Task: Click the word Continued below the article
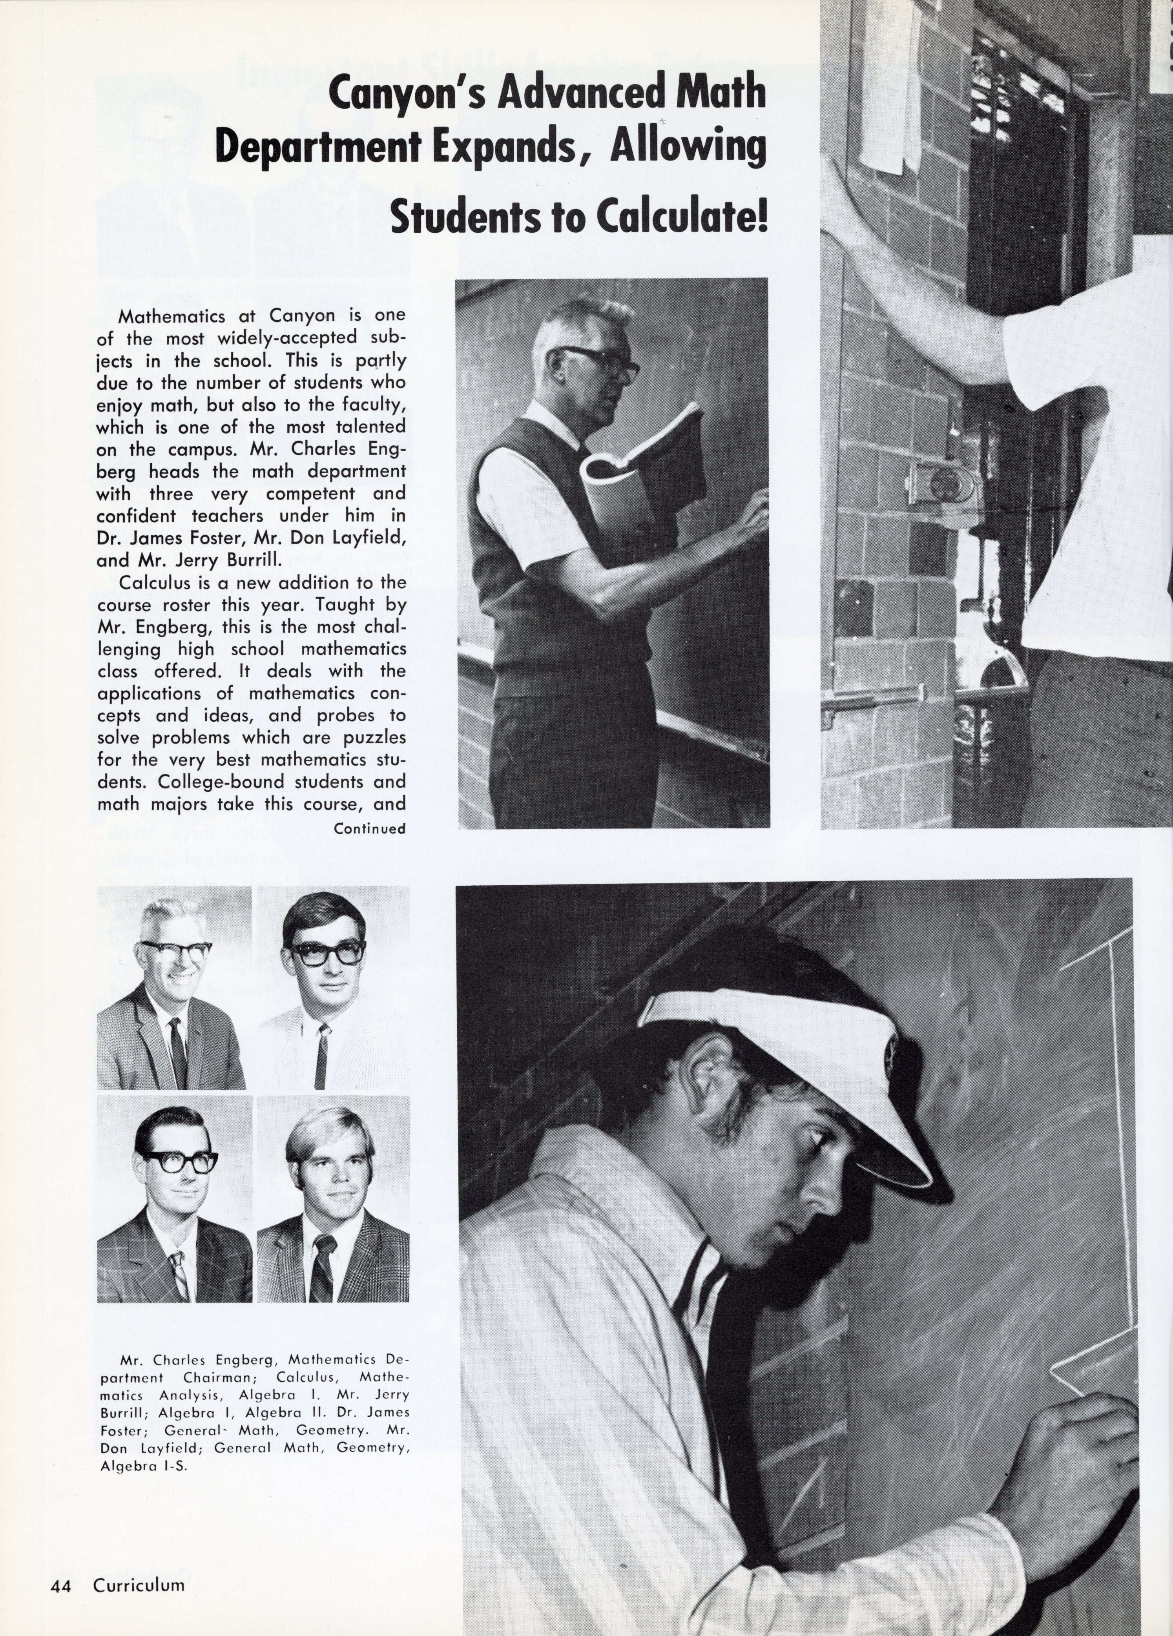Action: click(369, 829)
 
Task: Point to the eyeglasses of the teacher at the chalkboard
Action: click(599, 361)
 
